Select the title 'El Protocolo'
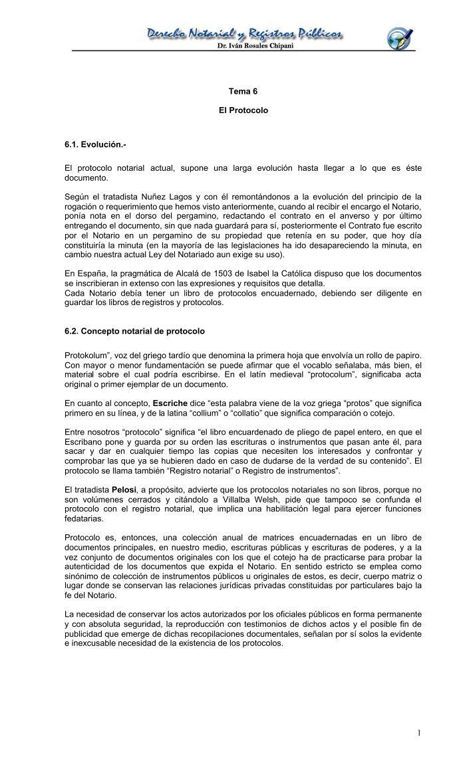pos(243,110)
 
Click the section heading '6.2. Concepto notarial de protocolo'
pos(134,330)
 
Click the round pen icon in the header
pos(400,36)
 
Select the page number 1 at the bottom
pos(420,732)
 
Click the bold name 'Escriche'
pos(170,403)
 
